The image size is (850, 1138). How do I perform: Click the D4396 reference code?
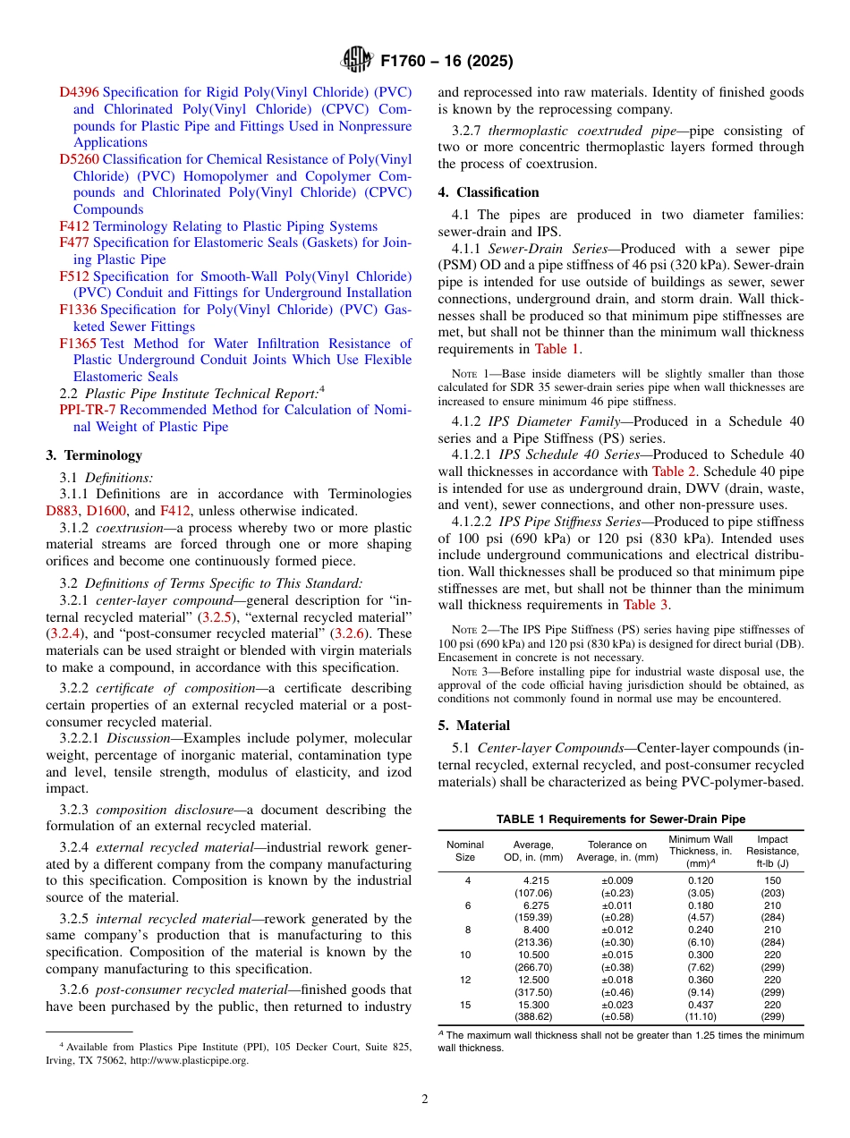pos(79,92)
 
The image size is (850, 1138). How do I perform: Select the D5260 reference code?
pos(79,159)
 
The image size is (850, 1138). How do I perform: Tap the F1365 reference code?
pos(78,344)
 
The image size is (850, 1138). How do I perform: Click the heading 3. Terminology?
pos(94,455)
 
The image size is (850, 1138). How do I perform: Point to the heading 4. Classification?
pos(489,192)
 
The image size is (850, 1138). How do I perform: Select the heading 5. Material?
pos(473,726)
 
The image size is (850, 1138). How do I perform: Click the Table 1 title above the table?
pos(621,820)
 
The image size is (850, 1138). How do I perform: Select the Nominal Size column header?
pos(465,851)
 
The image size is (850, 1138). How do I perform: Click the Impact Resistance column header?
pos(772,851)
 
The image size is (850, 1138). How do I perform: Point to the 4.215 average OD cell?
pos(535,880)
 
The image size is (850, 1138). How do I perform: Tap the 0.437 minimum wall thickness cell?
pos(699,1005)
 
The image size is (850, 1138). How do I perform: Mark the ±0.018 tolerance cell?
pos(616,980)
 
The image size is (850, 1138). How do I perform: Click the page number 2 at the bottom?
pos(425,1100)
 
